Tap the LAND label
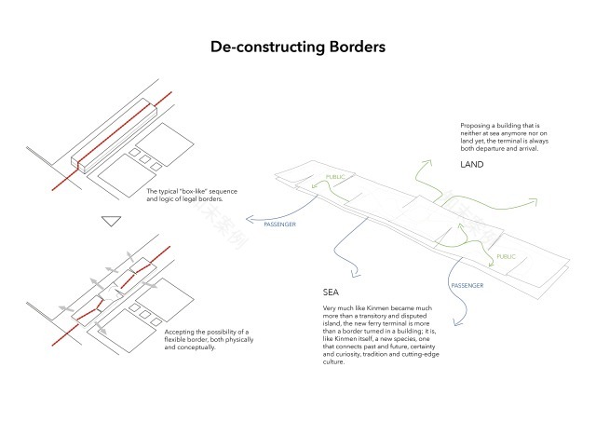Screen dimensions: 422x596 coord(472,165)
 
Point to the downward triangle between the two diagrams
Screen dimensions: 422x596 coord(112,222)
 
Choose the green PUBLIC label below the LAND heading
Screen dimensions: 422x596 coord(506,256)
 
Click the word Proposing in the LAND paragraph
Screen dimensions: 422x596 coord(477,124)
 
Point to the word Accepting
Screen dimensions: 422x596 coord(181,332)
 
